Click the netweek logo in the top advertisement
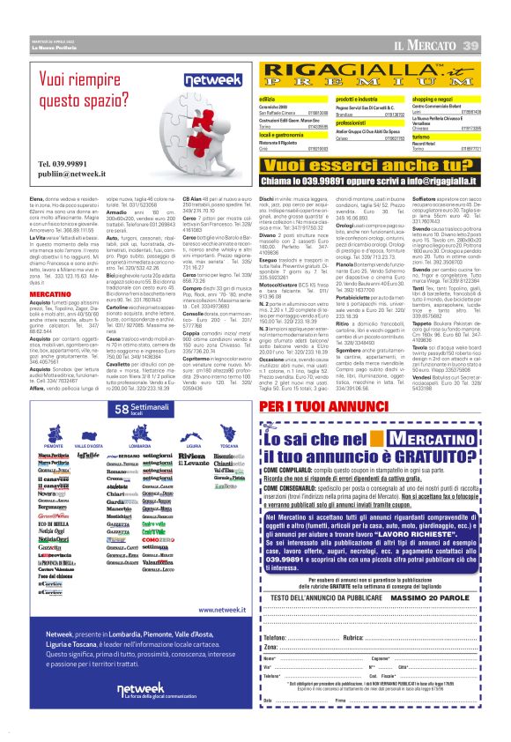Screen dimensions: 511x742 [202, 80]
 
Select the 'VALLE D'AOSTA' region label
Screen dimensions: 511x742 [90, 447]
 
